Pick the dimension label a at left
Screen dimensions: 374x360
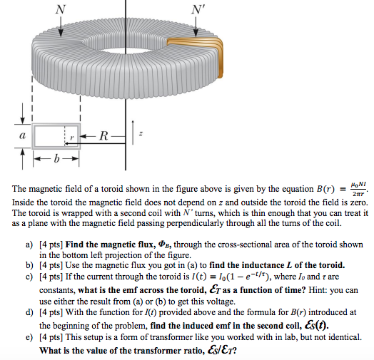[21, 133]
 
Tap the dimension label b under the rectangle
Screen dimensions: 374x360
[54, 159]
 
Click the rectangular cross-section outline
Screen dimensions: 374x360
[56, 134]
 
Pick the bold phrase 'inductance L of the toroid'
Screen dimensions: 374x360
[281, 263]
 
